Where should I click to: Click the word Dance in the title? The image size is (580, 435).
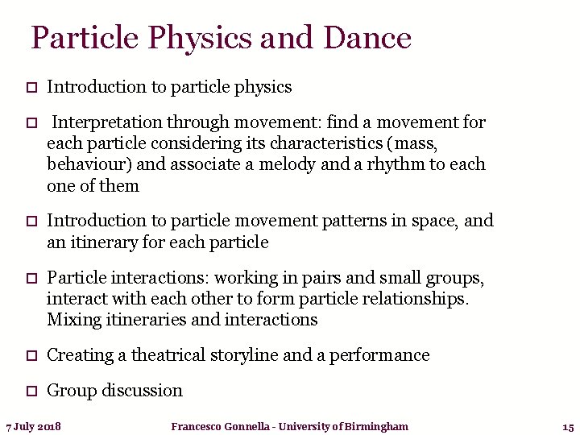(x=367, y=38)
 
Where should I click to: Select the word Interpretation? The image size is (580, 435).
(x=108, y=122)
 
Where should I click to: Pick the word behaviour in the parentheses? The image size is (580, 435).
(x=88, y=164)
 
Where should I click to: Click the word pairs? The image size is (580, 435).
(x=321, y=279)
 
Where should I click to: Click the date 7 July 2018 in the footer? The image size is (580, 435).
(x=33, y=426)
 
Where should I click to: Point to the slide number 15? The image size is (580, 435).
(x=567, y=426)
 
